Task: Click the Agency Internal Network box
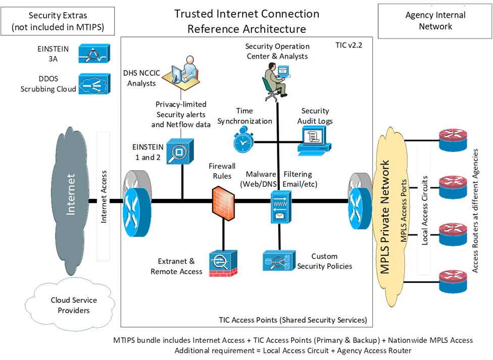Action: click(x=435, y=21)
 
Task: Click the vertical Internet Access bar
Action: click(x=103, y=197)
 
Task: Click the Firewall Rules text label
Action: click(x=223, y=171)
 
